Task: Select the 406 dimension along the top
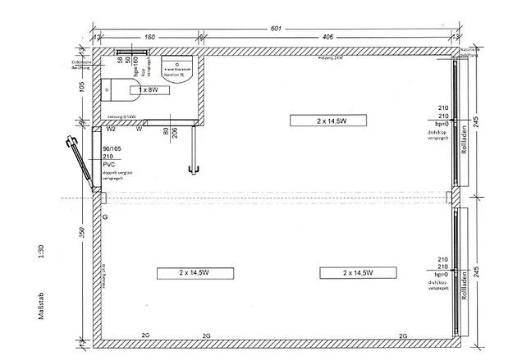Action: tap(327, 37)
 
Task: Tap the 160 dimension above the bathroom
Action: tap(150, 37)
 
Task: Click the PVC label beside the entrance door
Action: tap(108, 164)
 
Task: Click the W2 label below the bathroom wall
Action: tap(111, 128)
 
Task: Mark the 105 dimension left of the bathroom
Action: tap(81, 88)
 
